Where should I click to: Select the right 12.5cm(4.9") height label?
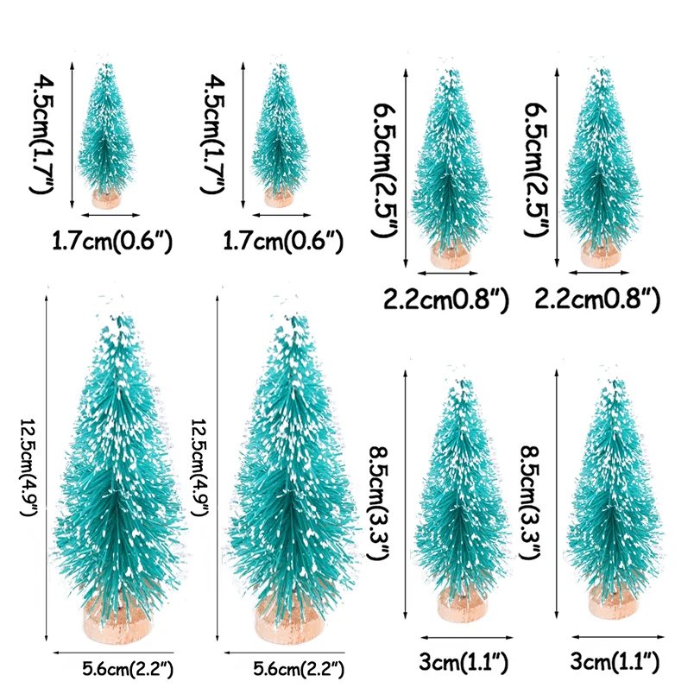coord(199,466)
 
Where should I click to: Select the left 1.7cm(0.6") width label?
coord(113,241)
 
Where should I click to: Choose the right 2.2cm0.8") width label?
coord(597,299)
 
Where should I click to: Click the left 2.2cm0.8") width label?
coord(446,299)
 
